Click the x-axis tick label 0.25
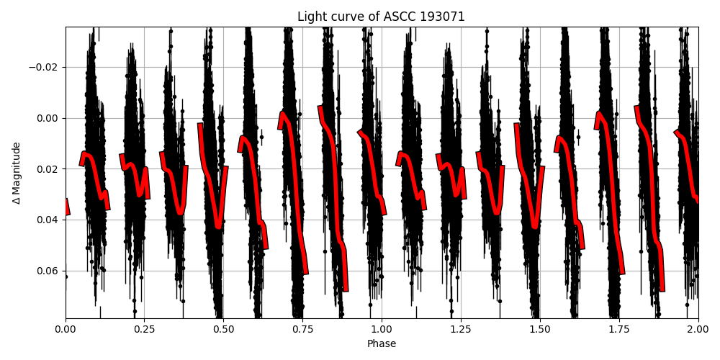[144, 330]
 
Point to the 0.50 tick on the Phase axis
[223, 330]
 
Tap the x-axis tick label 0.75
[302, 330]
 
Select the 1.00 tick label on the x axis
[382, 330]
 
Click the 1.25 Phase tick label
[461, 330]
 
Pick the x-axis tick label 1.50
[540, 330]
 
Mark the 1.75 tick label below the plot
[619, 330]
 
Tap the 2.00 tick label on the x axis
[698, 330]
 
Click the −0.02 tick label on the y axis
[45, 68]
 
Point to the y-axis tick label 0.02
[49, 169]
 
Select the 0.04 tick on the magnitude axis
[49, 220]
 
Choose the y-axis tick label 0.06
[49, 271]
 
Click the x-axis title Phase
[382, 344]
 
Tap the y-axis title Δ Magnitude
[16, 173]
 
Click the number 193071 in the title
[442, 17]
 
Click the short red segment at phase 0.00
[67, 207]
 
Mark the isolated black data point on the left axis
[66, 276]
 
